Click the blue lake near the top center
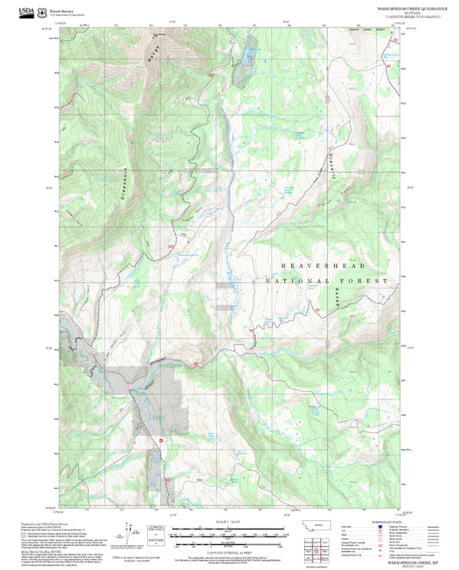[244, 56]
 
